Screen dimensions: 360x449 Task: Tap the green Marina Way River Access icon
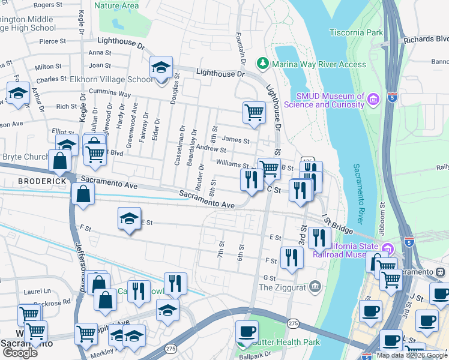262,64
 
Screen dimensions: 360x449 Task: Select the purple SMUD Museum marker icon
373,98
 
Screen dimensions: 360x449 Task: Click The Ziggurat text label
282,287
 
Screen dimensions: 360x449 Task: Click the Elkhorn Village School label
120,79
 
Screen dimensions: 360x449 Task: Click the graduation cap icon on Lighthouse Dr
161,67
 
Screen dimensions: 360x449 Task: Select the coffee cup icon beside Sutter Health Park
246,331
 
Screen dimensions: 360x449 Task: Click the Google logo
20,352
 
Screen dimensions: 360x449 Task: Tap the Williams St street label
233,164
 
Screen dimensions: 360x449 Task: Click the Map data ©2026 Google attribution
412,355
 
